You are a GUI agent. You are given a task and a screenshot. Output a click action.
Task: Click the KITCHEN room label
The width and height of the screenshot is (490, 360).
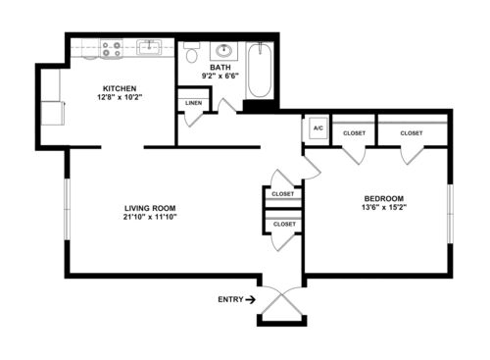coord(120,88)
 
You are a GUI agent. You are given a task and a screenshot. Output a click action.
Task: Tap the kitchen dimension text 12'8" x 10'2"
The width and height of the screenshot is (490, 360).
coord(120,97)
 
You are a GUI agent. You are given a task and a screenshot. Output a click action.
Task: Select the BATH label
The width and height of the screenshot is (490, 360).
coord(220,68)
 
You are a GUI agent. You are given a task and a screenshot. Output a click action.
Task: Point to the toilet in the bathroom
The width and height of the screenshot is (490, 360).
coord(192,53)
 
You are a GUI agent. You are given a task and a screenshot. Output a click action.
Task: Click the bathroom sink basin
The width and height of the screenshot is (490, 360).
coord(224,51)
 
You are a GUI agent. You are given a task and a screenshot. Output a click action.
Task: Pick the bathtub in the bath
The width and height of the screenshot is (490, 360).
coord(260,70)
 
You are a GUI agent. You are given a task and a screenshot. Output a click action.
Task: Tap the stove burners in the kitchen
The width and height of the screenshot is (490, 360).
coord(112,49)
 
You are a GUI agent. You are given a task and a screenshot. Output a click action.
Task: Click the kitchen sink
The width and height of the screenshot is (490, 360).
coord(149,47)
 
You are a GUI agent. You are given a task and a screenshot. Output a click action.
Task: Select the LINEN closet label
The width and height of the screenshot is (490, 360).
coord(194,103)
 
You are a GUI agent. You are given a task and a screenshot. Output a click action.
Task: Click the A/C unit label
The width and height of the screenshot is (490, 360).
coord(318,128)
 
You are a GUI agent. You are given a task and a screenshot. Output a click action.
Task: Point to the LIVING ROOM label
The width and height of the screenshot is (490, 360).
coord(150,208)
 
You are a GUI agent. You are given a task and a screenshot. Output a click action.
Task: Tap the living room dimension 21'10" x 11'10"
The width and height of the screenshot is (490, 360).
coord(150,217)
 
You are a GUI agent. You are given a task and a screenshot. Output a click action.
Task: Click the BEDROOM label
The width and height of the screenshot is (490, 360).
coord(384,198)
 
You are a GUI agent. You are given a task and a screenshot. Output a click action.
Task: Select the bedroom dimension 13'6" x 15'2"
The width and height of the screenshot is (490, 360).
coord(384,207)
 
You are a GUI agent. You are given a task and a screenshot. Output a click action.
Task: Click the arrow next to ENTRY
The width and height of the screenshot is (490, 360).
coord(251,299)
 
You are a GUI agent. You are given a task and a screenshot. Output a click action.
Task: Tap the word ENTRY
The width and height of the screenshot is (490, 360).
coord(230,299)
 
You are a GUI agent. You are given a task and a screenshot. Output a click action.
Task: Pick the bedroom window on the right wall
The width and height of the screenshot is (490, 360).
coord(450,214)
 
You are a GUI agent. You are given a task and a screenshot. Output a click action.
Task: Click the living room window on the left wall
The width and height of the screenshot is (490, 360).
coord(67,209)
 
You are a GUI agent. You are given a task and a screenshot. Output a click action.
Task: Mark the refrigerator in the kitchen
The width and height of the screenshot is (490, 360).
coord(53,113)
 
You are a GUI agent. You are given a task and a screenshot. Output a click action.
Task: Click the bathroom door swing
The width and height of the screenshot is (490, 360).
coord(227,106)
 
